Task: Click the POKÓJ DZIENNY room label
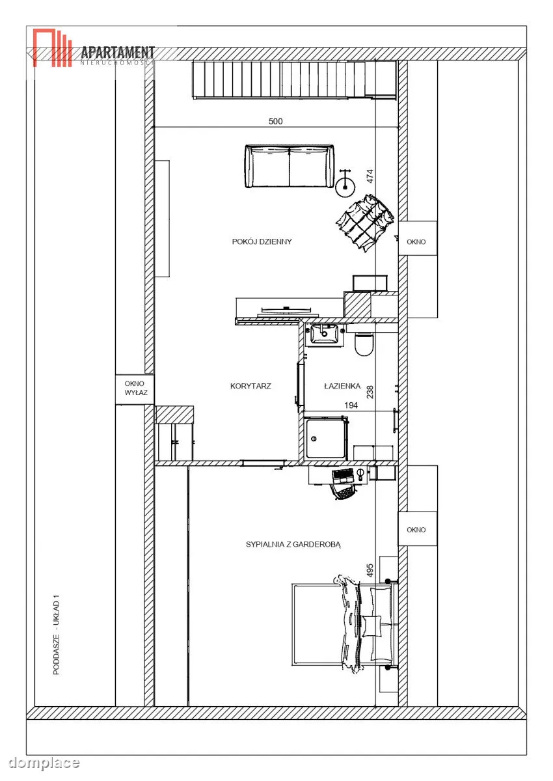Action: click(x=262, y=241)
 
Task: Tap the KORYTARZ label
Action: click(x=250, y=386)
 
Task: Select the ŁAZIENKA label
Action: click(x=342, y=386)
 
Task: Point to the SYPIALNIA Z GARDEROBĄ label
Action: click(x=293, y=544)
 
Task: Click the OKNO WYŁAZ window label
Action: click(x=135, y=388)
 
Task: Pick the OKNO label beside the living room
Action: click(x=416, y=241)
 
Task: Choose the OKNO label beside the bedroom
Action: click(x=416, y=530)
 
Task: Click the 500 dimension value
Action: click(x=276, y=121)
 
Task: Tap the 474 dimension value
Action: click(x=370, y=176)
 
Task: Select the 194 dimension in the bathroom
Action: click(x=351, y=405)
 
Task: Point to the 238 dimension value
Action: click(x=370, y=392)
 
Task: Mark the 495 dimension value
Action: click(x=370, y=570)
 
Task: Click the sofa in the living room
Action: click(x=290, y=167)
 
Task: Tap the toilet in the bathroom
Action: click(x=364, y=344)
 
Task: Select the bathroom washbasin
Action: click(x=325, y=335)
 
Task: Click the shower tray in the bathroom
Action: click(x=326, y=438)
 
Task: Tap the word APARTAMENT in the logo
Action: click(x=118, y=52)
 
